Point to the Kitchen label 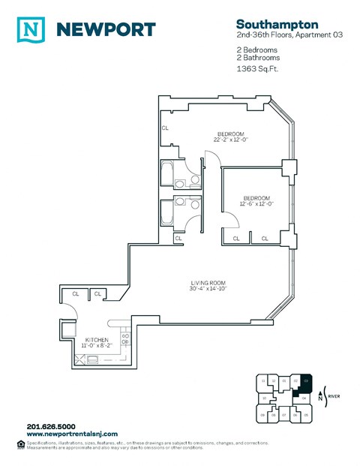97,340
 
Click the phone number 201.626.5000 51,427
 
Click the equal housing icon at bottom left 19,444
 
